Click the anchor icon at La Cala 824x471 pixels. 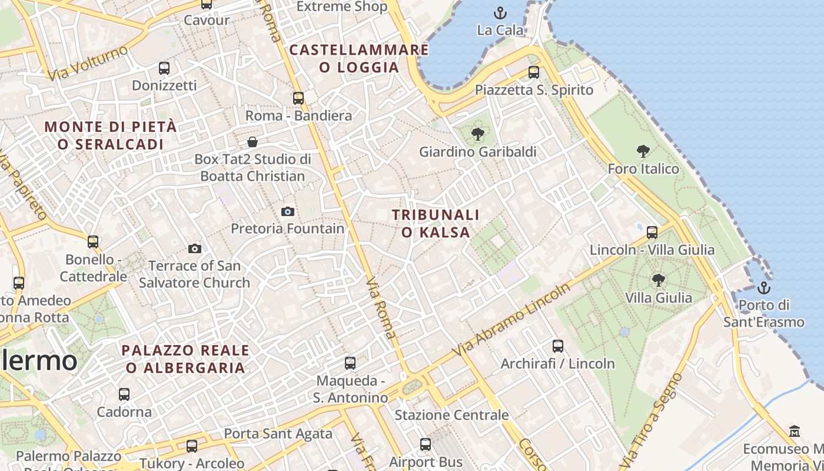click(x=500, y=12)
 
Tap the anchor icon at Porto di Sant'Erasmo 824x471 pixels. click(x=763, y=288)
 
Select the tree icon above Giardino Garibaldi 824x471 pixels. click(x=478, y=134)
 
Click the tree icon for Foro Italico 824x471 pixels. click(x=643, y=151)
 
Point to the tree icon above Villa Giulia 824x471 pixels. click(x=658, y=280)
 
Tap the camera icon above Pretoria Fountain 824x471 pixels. click(x=288, y=211)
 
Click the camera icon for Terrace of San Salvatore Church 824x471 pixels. click(x=195, y=248)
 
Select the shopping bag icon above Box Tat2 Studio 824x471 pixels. click(x=252, y=142)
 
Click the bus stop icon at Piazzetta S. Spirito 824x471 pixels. click(x=534, y=72)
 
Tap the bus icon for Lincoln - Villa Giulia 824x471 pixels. click(x=652, y=232)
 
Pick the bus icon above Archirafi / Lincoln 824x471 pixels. click(x=558, y=346)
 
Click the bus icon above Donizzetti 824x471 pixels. click(x=164, y=68)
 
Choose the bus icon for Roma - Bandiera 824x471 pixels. click(x=298, y=98)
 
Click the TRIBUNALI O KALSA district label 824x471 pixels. click(x=436, y=224)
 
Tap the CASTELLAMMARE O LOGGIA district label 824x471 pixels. click(x=359, y=58)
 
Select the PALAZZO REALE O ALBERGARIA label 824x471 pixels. click(x=185, y=359)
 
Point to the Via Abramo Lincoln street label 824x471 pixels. click(x=511, y=320)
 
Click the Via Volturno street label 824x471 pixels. click(x=88, y=63)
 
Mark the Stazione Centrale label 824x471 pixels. click(x=451, y=415)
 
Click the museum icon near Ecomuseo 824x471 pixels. click(x=795, y=431)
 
